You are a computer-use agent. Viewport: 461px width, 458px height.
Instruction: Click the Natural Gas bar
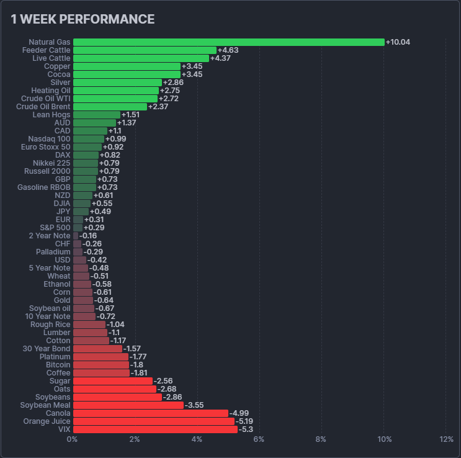pos(228,42)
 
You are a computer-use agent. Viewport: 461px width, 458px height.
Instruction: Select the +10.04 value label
pos(398,42)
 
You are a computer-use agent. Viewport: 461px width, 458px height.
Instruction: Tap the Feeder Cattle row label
pos(46,50)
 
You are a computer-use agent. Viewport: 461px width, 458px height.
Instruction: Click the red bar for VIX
pos(155,429)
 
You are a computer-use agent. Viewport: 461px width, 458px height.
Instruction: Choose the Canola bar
pos(151,413)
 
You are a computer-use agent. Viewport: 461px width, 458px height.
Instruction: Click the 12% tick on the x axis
pos(446,439)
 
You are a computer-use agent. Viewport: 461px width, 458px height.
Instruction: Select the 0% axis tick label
pos(73,439)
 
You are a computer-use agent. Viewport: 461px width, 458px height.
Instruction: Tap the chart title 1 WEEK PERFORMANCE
pos(83,19)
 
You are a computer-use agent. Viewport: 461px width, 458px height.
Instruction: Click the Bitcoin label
pos(58,365)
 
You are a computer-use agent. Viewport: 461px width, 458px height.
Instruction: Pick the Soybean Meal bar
pos(128,405)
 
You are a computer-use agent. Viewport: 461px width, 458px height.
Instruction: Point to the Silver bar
pos(117,83)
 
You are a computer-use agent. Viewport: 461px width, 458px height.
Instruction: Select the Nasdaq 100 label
pos(50,139)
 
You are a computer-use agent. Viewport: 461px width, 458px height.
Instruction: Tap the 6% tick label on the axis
pos(259,439)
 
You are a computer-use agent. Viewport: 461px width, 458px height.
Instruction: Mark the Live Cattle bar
pos(141,58)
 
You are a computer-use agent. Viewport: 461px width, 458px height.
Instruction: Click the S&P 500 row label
pos(55,228)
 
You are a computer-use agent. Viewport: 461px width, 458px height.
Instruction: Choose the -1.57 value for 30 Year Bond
pos(132,349)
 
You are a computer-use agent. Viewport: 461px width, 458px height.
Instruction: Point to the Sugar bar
pos(113,381)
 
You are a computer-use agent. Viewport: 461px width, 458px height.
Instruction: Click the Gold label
pos(61,300)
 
